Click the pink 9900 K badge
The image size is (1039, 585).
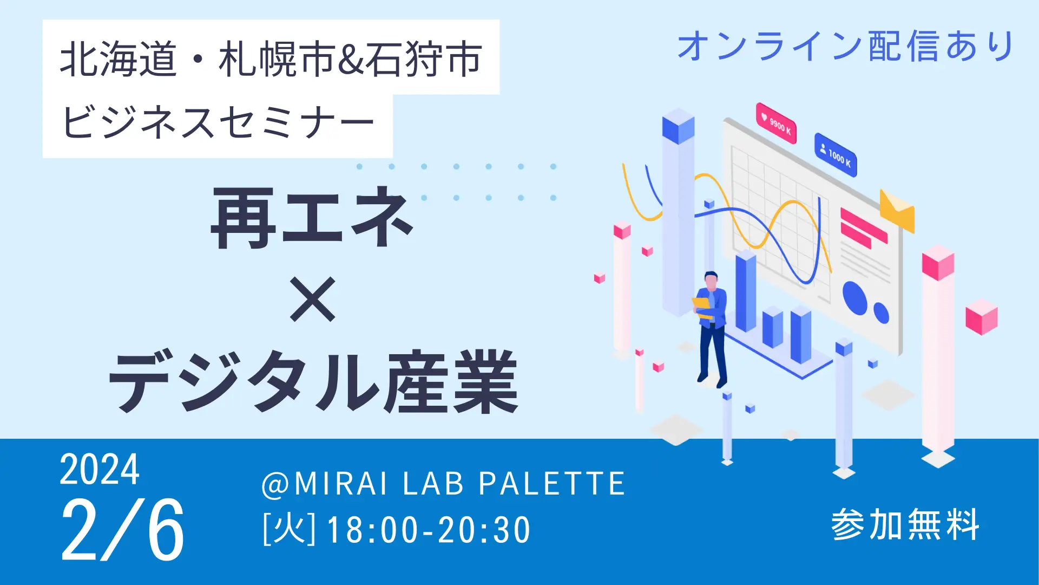click(776, 123)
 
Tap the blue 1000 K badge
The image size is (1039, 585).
click(836, 155)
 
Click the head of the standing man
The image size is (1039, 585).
click(711, 281)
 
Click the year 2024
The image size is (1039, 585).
click(100, 470)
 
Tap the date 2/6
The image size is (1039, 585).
click(123, 530)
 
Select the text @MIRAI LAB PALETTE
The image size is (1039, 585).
click(443, 483)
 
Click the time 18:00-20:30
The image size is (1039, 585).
click(429, 530)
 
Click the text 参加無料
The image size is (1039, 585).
click(905, 524)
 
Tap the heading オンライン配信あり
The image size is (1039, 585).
click(845, 45)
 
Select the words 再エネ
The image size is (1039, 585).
click(312, 218)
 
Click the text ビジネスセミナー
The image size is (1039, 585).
click(218, 122)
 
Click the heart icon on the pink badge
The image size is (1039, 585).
click(764, 116)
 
